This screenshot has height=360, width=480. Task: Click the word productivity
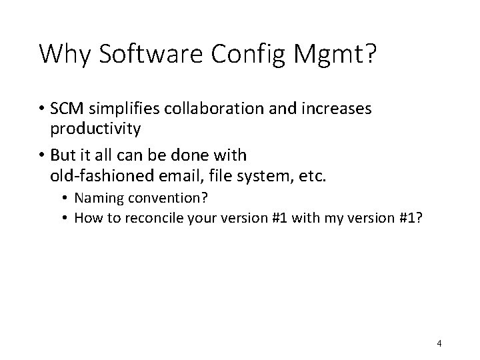[x=95, y=129]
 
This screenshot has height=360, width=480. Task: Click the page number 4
[x=439, y=343]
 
